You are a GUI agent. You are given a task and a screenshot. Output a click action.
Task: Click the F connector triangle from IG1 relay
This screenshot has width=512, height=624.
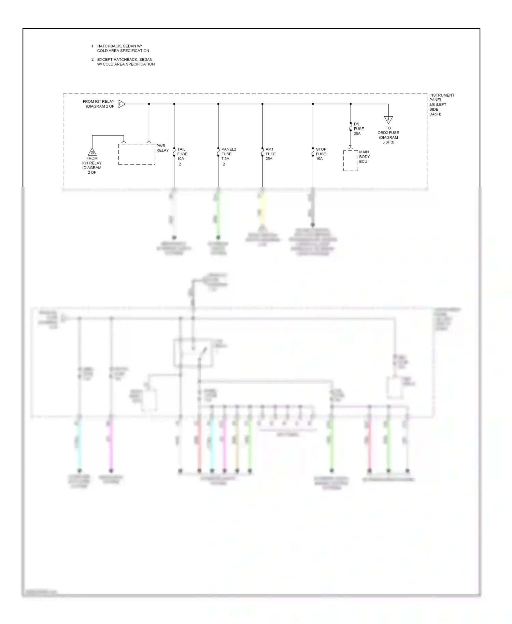pos(121,104)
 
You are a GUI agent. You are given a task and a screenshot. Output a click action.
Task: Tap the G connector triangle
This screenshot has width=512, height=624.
pos(92,152)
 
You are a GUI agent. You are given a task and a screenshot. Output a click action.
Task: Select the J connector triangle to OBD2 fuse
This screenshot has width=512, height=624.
pos(388,120)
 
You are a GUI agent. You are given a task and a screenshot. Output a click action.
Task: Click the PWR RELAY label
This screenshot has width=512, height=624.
pos(162,148)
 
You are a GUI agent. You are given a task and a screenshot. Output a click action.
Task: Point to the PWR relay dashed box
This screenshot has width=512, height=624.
pos(137,154)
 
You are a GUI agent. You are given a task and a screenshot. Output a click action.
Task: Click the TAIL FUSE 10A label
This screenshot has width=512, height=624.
pos(182,154)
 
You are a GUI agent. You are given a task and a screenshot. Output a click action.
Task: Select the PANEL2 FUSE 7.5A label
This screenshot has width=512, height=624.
pos(228,154)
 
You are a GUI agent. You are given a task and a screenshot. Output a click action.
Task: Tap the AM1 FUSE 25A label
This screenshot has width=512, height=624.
pos(270,154)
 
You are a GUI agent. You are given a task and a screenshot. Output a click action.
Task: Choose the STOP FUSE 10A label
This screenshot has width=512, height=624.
pos(321,154)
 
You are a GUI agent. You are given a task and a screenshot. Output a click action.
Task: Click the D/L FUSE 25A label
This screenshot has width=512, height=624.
pos(358,129)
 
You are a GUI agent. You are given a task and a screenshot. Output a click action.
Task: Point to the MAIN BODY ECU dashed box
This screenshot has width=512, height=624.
pos(351,160)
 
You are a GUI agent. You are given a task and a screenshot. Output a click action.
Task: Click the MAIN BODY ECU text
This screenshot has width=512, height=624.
pos(364,157)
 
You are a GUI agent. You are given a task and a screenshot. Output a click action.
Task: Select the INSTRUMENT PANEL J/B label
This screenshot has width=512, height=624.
pos(441,104)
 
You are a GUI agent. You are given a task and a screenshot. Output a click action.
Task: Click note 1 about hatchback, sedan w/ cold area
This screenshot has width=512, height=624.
pos(123,48)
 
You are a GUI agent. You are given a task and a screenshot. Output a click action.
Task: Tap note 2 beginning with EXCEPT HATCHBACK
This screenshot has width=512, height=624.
pos(126,62)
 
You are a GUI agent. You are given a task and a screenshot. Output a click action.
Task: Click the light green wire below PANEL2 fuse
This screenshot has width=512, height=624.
pos(218,215)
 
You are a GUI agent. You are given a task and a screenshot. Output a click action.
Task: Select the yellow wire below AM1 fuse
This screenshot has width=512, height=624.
pos(262,208)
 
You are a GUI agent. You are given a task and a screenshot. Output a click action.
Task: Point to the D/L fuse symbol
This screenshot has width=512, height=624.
pos(351,129)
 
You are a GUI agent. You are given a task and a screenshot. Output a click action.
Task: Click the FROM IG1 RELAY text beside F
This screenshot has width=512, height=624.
pos(99,104)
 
